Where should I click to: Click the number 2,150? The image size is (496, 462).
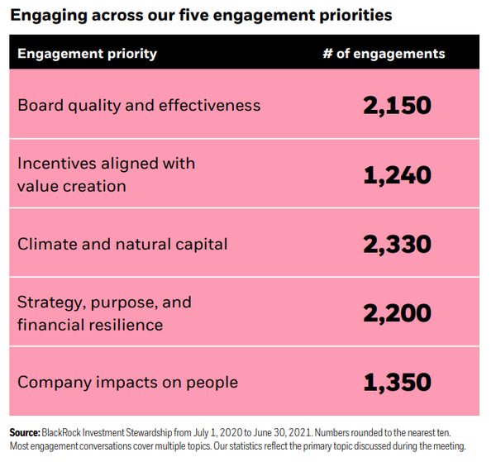click(397, 106)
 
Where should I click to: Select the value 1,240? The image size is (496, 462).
click(397, 175)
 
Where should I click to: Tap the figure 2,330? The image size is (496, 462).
click(397, 245)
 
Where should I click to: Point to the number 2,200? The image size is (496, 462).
click(397, 313)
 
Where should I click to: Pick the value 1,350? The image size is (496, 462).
click(397, 383)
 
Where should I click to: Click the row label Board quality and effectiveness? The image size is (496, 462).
click(139, 106)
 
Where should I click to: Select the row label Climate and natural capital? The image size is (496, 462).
click(122, 245)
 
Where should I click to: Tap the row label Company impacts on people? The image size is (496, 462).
click(127, 383)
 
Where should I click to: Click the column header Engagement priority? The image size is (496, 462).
click(87, 54)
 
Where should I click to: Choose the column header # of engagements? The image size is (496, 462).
click(384, 54)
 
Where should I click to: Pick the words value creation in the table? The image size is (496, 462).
click(72, 186)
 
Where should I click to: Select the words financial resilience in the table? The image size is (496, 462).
click(90, 325)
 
